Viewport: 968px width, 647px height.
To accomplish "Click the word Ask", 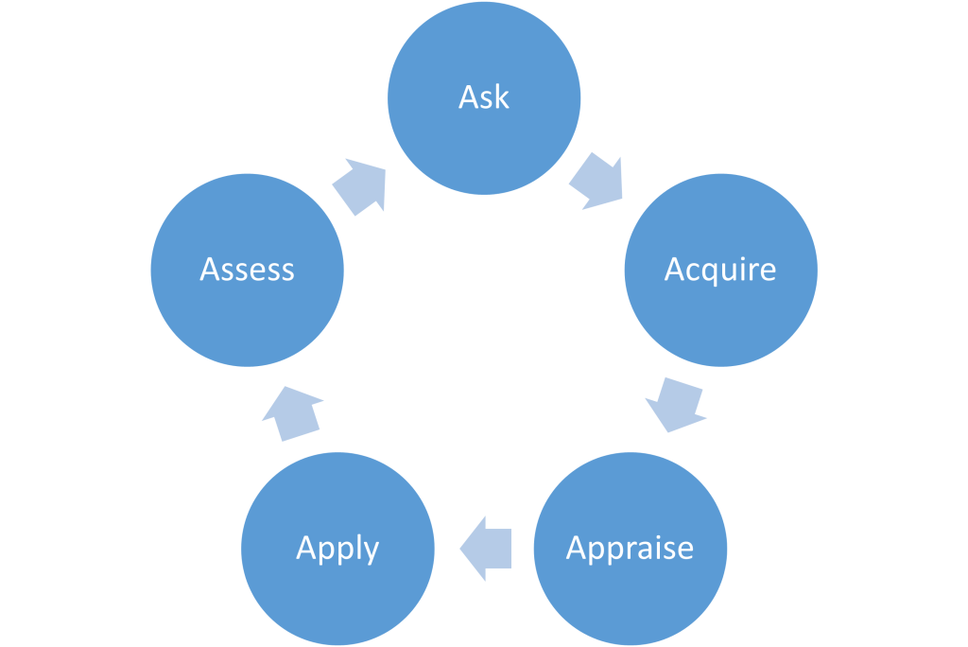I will click(x=484, y=97).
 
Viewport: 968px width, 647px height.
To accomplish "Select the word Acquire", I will click(x=720, y=270).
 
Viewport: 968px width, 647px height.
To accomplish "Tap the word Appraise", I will click(x=630, y=549).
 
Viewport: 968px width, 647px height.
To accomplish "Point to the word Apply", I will click(x=337, y=549).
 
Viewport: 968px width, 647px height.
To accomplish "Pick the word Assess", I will click(x=248, y=270).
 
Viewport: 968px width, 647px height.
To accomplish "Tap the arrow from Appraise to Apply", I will click(x=485, y=549).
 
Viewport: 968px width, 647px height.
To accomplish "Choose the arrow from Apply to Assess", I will click(x=291, y=413).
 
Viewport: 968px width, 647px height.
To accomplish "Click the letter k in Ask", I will click(x=501, y=96).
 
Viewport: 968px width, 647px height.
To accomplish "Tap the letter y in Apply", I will click(x=371, y=551).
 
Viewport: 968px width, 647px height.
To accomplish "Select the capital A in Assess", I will click(x=211, y=270).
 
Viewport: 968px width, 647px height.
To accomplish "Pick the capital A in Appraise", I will click(x=577, y=548).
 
